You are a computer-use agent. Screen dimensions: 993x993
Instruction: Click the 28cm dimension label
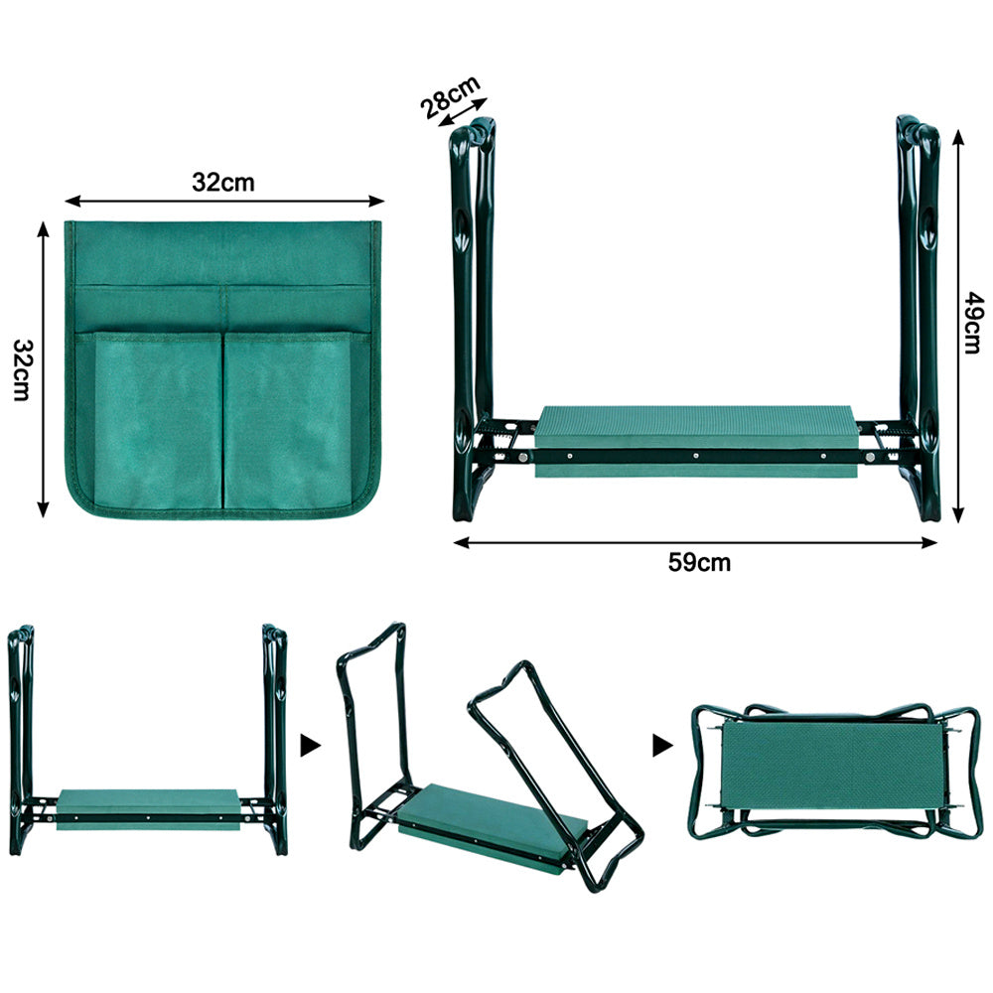(450, 96)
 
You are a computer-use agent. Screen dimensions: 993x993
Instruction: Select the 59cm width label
(699, 562)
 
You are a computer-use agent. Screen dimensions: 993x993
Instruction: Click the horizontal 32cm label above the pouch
(222, 183)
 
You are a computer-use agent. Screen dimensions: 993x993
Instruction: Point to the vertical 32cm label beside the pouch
(24, 369)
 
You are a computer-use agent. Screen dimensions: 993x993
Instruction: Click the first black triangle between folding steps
(310, 746)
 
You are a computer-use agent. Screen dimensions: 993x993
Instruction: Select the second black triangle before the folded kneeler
(662, 746)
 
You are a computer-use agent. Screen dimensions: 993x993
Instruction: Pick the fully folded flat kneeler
(835, 772)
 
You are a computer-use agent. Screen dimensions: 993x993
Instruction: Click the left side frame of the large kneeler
(473, 317)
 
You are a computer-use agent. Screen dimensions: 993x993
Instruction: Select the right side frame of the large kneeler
(919, 317)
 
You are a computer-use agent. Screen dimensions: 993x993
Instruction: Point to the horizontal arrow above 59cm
(695, 542)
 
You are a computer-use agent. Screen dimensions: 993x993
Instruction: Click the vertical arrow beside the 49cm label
(958, 326)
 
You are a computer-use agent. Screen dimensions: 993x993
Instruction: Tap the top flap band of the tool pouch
(222, 253)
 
